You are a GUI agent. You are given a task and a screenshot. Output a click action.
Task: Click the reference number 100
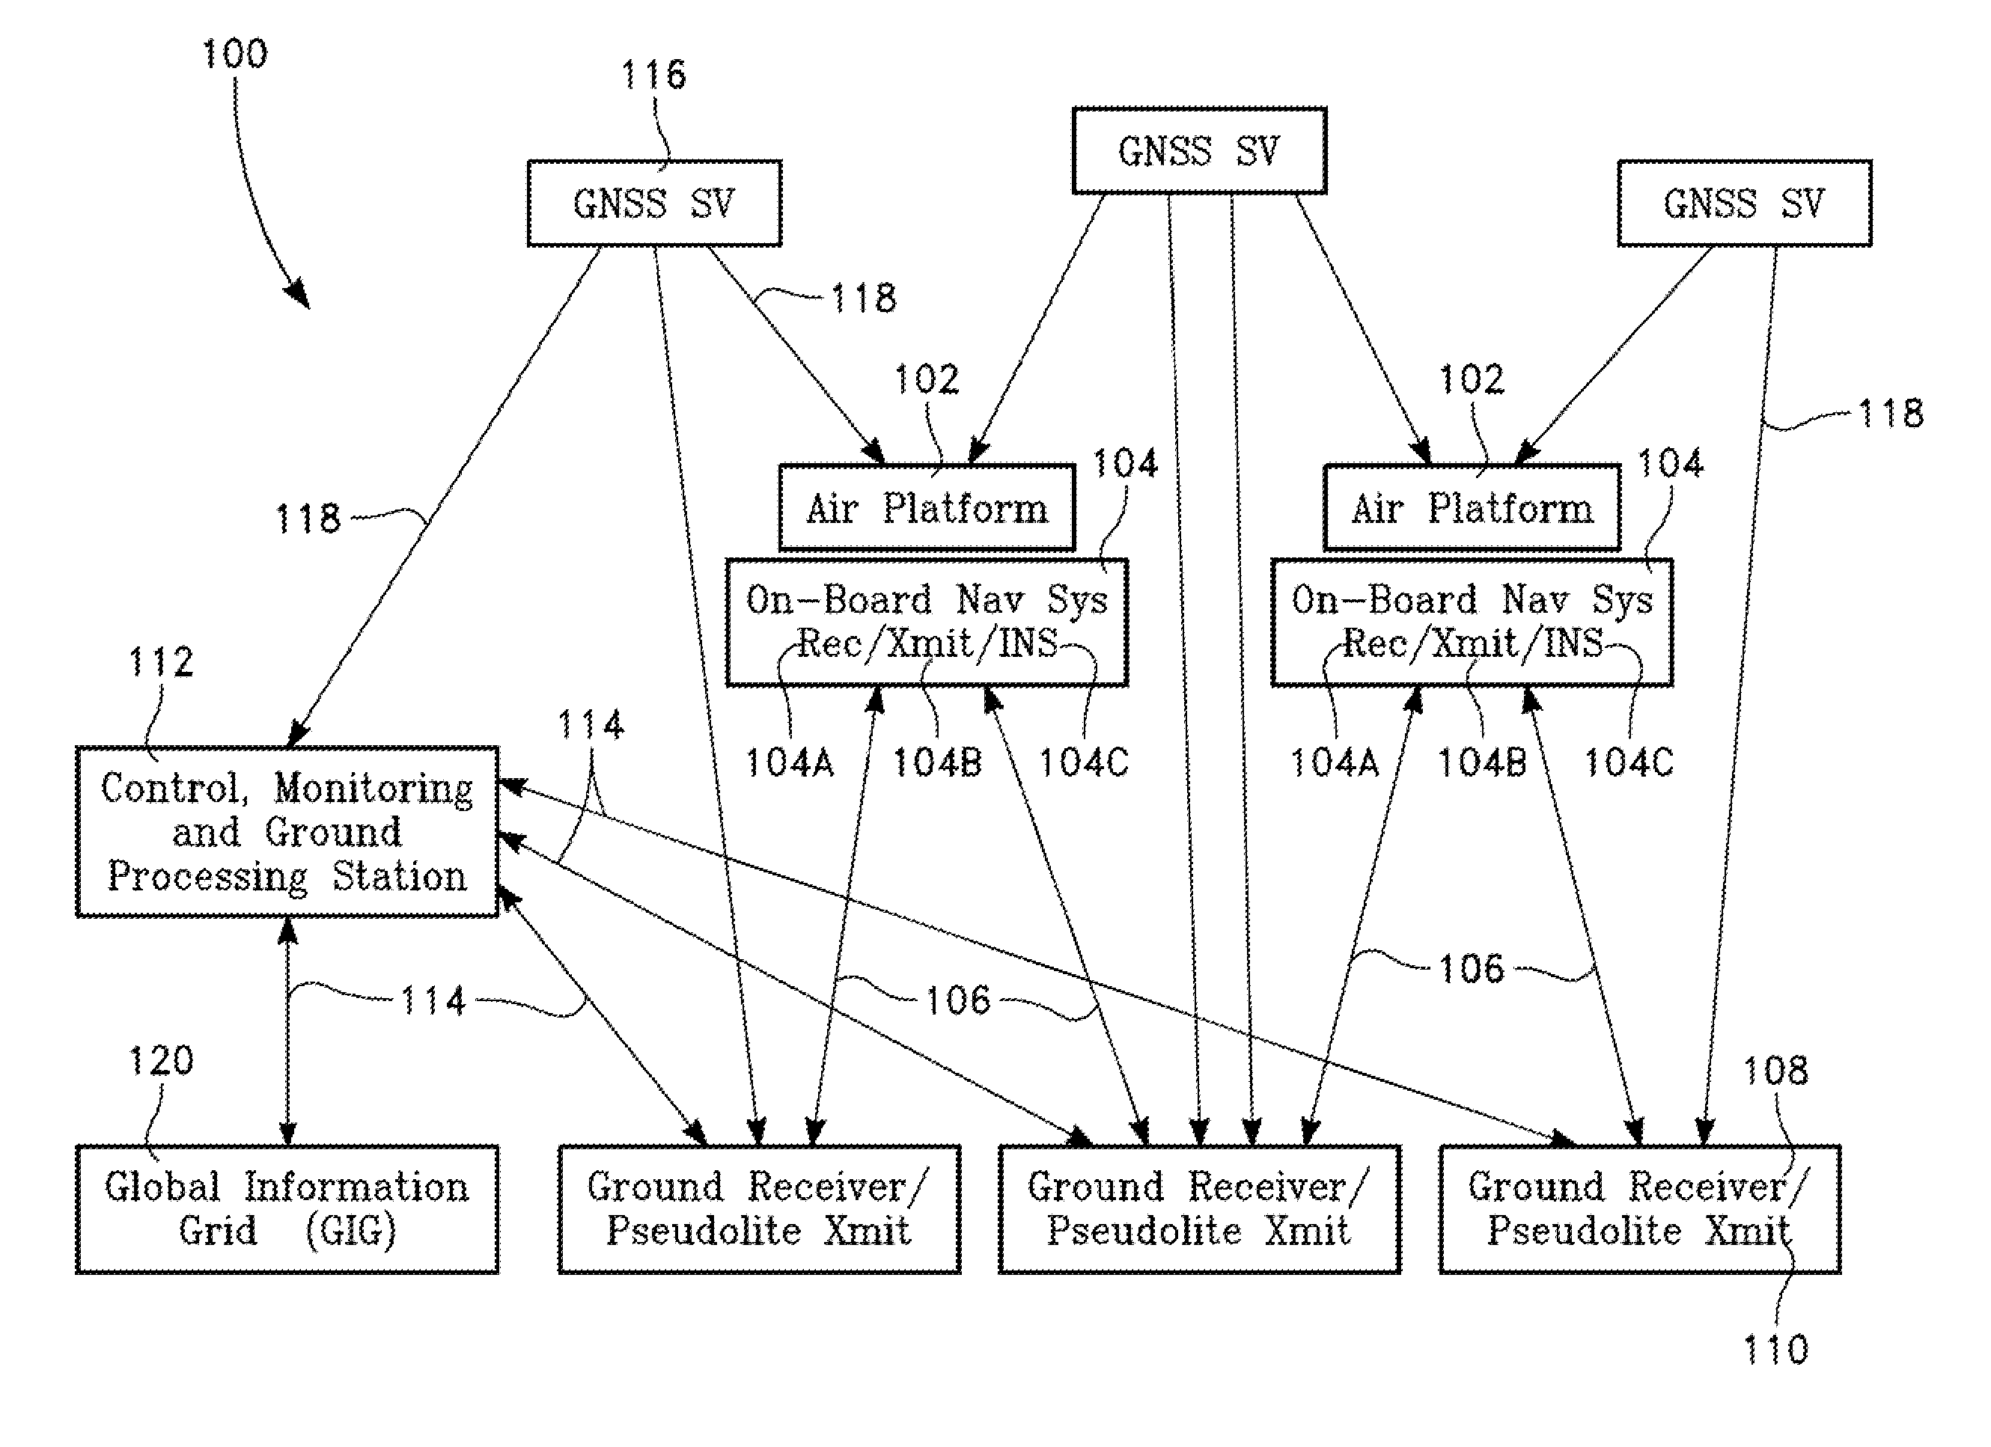234,55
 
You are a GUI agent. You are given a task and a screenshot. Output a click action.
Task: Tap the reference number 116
653,76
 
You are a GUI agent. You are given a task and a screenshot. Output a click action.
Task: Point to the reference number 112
161,661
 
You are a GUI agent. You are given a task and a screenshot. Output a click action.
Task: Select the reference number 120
161,1061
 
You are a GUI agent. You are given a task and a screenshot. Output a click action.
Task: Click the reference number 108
1775,1071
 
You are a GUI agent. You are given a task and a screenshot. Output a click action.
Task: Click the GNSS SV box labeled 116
654,204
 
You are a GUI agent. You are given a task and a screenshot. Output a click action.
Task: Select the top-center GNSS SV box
1199,151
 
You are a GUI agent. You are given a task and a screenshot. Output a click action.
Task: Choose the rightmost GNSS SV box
1744,204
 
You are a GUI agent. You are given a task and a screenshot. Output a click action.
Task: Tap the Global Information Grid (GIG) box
287,1209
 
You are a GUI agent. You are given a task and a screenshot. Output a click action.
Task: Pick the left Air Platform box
927,508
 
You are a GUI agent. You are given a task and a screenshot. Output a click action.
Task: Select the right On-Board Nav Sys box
1472,622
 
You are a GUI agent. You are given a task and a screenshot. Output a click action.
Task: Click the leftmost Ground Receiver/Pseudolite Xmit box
760,1209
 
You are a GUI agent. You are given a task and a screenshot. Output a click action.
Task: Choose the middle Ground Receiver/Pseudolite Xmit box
1199,1209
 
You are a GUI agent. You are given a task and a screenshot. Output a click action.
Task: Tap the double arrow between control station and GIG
287,1032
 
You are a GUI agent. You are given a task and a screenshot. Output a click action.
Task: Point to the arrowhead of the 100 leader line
301,296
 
